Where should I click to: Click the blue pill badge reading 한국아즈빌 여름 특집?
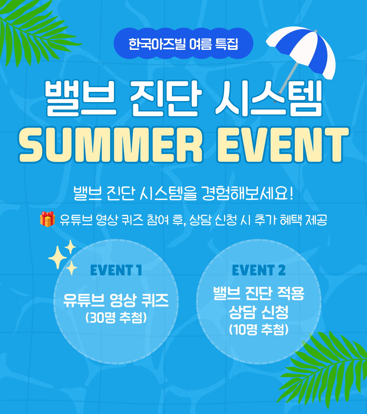point(183,43)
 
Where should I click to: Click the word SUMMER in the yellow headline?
point(111,145)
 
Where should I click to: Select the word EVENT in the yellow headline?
point(283,145)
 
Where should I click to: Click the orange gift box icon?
point(47,219)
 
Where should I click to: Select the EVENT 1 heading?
point(116,270)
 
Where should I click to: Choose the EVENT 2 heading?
point(259,270)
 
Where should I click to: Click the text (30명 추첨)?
point(116,317)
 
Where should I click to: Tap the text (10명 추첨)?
point(259,329)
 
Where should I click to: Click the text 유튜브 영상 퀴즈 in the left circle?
point(116,301)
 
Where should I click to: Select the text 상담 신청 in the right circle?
point(259,312)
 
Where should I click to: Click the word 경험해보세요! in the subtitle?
point(248,193)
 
